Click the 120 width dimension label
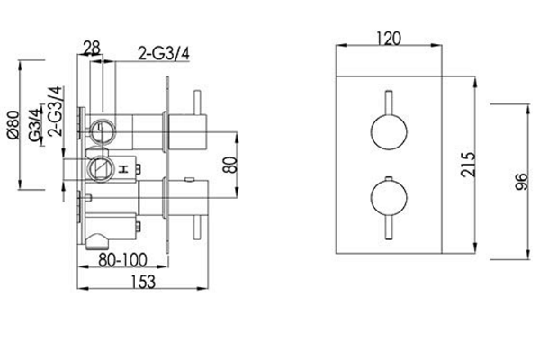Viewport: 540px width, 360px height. point(389,39)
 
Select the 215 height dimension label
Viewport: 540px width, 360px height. point(468,165)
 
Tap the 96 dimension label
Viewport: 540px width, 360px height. point(521,182)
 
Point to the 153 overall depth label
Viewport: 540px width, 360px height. point(143,282)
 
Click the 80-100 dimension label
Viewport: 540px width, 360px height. point(122,260)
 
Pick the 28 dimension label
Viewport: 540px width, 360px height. point(93,48)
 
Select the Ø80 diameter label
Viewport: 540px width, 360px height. point(13,125)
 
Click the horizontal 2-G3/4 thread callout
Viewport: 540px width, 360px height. point(164,53)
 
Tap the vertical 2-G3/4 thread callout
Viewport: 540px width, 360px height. point(56,112)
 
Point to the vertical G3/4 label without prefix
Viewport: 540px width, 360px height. point(35,125)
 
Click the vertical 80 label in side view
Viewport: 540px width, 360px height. point(230,165)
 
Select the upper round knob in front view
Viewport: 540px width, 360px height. point(389,132)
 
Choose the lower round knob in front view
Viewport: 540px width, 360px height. point(389,198)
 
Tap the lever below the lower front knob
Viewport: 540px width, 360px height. point(389,227)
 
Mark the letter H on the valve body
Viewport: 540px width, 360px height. point(123,169)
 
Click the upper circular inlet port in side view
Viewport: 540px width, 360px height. point(103,131)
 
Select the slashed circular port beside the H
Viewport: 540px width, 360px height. point(100,168)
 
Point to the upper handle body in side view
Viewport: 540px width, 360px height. point(187,132)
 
